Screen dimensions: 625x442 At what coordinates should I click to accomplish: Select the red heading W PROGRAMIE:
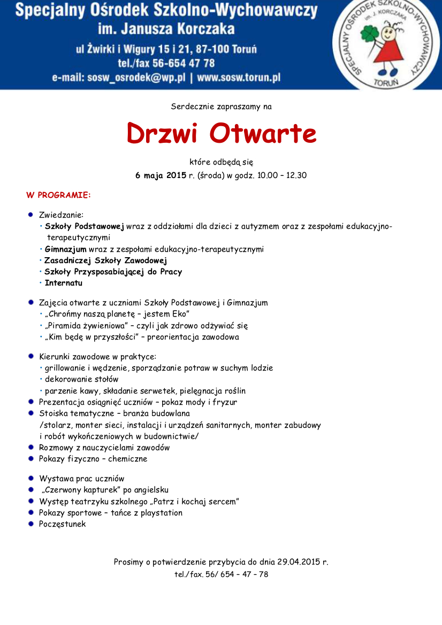[58, 195]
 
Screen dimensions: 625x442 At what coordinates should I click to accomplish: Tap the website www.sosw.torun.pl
[239, 78]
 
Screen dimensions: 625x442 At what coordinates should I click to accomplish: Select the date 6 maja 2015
[161, 175]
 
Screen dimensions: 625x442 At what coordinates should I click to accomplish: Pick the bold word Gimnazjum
[65, 249]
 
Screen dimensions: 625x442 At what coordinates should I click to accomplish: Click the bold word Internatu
[64, 283]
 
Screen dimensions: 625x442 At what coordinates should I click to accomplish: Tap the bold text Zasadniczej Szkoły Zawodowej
[106, 260]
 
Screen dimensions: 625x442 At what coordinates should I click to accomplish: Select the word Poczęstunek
[62, 524]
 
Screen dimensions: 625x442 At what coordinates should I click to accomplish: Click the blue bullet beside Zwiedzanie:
[31, 214]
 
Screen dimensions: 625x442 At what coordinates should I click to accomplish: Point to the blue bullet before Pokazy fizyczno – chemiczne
[31, 459]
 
